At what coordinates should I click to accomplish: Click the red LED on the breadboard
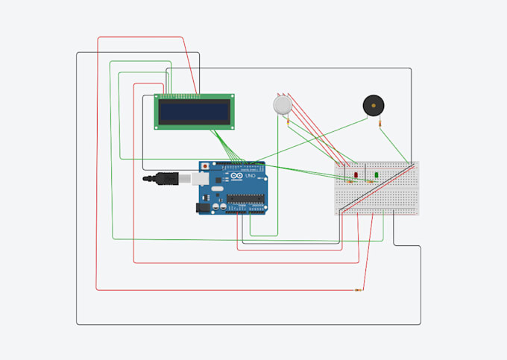(356, 174)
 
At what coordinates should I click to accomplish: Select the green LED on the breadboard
(377, 174)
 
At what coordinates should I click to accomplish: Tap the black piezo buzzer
(373, 105)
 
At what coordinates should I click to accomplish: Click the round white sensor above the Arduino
(283, 104)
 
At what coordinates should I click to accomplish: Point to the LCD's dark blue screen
(195, 112)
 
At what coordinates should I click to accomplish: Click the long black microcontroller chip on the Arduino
(247, 199)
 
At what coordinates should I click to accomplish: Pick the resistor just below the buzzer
(380, 122)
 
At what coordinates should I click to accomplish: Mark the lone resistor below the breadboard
(359, 290)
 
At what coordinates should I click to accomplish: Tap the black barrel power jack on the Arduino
(203, 209)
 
